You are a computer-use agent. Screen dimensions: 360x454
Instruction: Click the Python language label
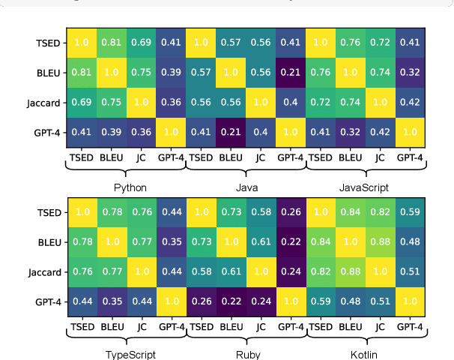click(130, 187)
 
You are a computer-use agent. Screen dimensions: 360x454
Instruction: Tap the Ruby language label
click(246, 354)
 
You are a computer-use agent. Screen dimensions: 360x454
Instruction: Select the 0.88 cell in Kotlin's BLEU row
click(381, 241)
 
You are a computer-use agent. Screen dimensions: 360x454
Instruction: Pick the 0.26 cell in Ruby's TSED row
click(291, 212)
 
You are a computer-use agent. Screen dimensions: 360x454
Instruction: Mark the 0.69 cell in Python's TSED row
click(142, 43)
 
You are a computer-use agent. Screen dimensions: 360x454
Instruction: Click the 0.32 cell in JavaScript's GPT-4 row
click(351, 133)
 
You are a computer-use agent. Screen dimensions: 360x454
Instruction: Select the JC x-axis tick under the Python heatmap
click(142, 158)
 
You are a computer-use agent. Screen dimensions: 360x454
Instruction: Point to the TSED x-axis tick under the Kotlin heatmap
click(321, 327)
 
